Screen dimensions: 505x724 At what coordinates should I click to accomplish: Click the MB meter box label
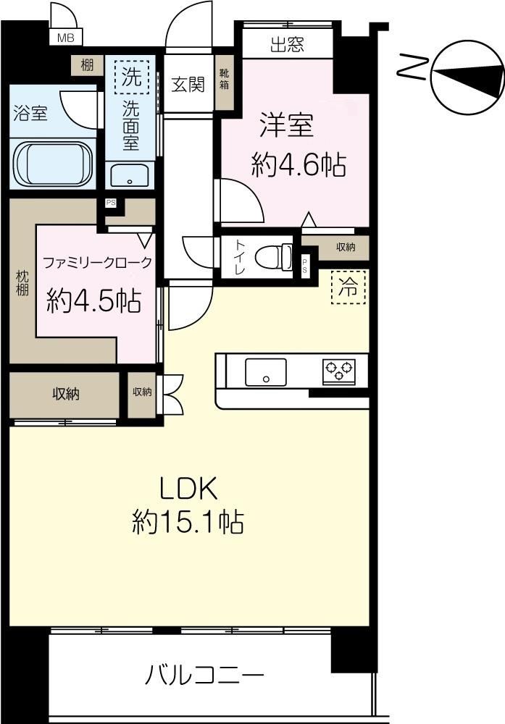point(65,38)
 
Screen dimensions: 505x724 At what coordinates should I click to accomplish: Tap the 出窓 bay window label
point(287,45)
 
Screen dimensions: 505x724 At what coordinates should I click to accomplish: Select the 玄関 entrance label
point(188,84)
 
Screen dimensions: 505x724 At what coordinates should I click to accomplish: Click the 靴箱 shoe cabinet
point(225,83)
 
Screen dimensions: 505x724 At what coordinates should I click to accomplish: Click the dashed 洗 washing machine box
point(132,77)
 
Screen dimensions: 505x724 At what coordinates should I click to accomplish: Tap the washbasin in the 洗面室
point(130,175)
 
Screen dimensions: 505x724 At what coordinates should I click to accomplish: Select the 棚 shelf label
point(87,65)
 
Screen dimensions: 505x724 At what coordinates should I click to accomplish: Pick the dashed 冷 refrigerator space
point(349,287)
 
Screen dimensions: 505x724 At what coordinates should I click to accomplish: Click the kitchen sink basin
point(265,371)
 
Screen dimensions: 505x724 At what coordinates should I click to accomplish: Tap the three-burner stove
point(338,371)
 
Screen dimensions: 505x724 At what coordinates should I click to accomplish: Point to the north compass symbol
point(467,77)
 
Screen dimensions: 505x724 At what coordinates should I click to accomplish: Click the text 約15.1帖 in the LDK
point(188,522)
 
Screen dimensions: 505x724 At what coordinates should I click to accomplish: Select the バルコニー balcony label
point(204,676)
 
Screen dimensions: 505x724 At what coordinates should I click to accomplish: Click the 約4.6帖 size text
point(299,165)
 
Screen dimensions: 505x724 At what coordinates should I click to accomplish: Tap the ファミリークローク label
point(97,263)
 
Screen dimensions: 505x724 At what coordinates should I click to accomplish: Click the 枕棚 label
point(22,283)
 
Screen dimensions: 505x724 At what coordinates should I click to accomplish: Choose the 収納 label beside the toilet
point(346,247)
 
